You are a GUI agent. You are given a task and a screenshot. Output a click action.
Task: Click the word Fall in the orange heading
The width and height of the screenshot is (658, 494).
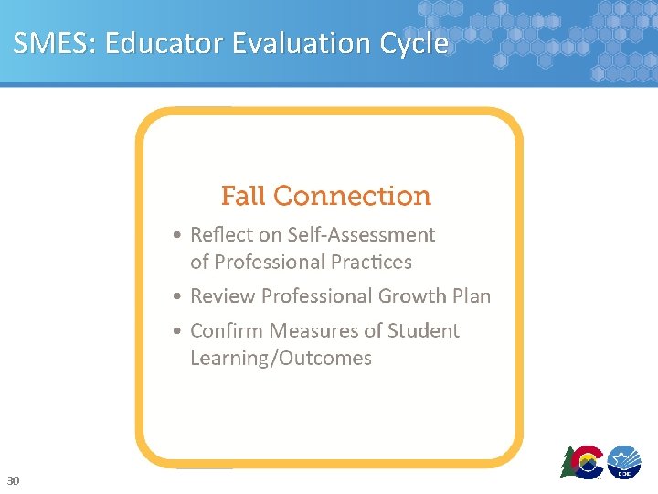[243, 196]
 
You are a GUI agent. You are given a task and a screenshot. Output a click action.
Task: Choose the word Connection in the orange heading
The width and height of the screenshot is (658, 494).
[352, 196]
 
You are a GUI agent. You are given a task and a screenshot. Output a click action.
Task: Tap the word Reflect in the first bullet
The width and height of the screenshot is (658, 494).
[221, 235]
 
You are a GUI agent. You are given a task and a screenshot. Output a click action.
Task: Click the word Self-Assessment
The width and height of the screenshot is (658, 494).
[361, 235]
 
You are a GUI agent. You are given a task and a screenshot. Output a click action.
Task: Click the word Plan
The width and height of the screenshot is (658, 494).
[472, 296]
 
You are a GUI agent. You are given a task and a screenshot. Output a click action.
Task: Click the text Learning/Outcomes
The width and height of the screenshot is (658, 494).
[281, 358]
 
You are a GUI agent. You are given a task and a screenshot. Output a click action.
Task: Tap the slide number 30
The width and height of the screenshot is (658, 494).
[13, 480]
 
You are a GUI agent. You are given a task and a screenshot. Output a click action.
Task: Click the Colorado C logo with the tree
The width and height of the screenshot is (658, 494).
[583, 461]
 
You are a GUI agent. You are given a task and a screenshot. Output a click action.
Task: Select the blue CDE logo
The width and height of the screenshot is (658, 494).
[625, 460]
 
